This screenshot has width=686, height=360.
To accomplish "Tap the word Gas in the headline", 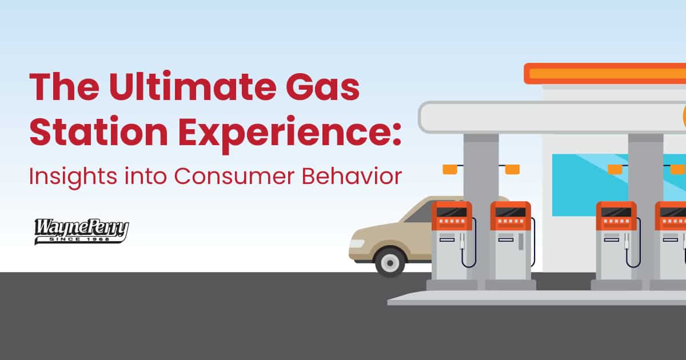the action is coord(322,87).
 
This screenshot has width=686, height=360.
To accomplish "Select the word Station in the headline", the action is coord(98,131).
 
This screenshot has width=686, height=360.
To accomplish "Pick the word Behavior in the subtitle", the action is coord(352,176).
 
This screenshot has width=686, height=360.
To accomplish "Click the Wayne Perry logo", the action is coord(81,231).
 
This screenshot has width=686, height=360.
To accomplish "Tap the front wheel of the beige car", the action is coord(390,262).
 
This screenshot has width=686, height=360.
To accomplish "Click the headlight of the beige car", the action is coord(357,243).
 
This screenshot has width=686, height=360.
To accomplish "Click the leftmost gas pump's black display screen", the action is coord(452,212).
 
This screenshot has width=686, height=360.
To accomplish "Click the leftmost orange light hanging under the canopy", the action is coord(450,169).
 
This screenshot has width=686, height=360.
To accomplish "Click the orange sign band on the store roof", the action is coord(605,74).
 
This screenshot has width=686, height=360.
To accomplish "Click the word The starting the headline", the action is coord(64,87).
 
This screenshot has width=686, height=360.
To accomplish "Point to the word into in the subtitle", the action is coord(145,177).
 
